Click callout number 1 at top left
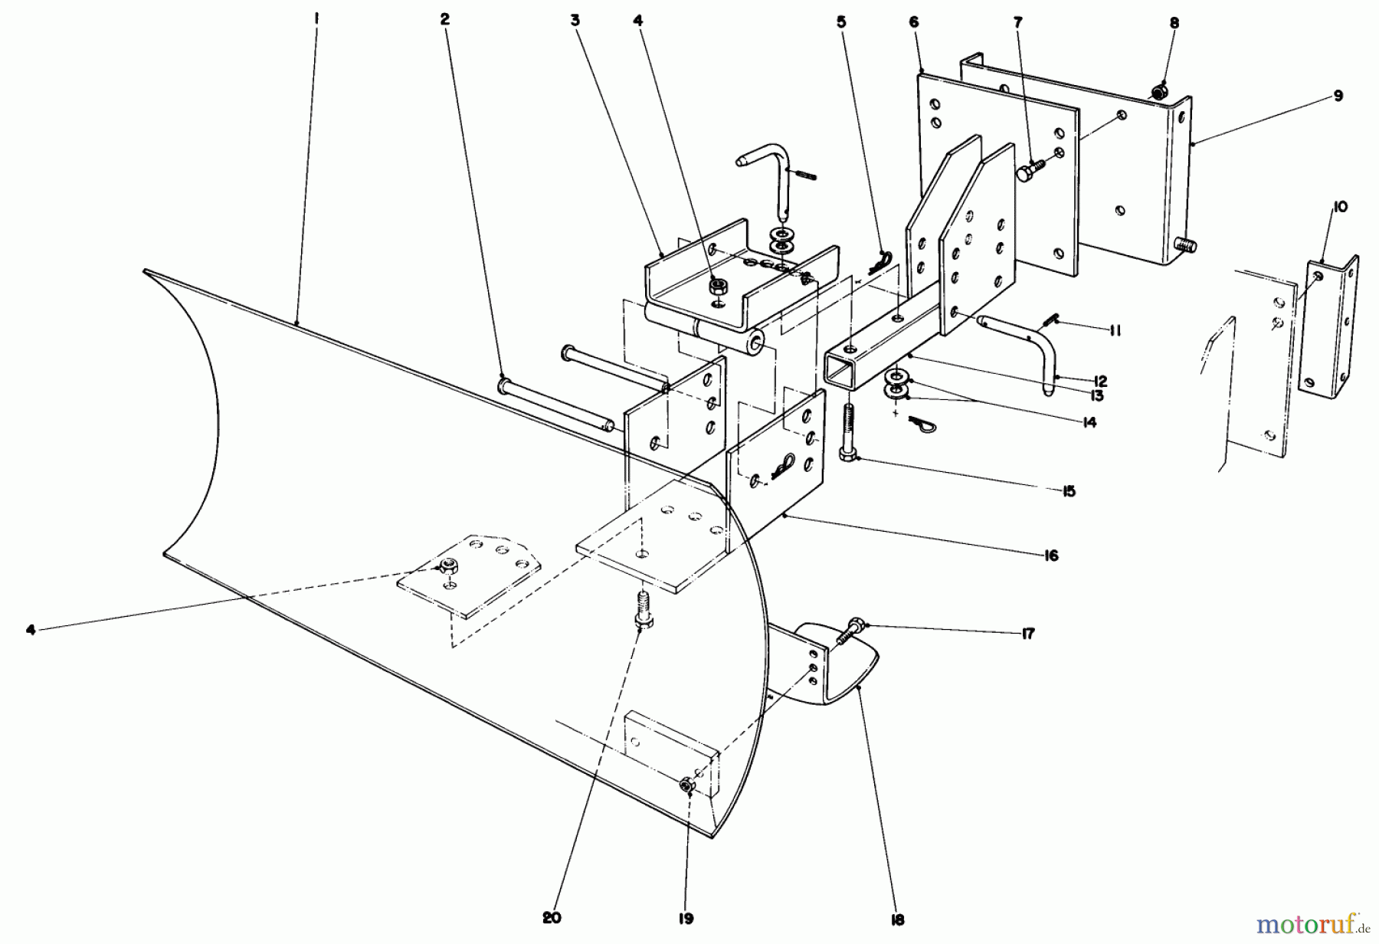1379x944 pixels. (x=316, y=13)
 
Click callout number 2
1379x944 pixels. (x=445, y=20)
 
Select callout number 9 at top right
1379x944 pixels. (x=1338, y=96)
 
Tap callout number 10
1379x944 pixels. (x=1340, y=207)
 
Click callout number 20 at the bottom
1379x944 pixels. (x=552, y=918)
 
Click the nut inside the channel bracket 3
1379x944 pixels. (x=718, y=287)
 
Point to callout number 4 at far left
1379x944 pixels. (x=30, y=630)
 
